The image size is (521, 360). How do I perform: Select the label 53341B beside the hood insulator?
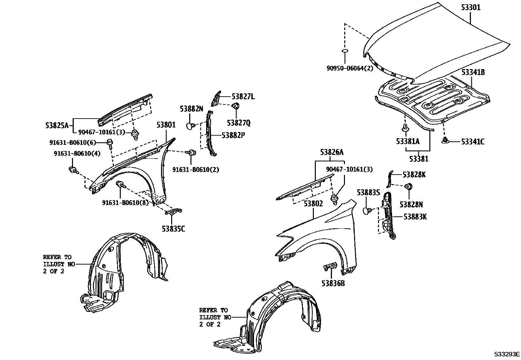473,72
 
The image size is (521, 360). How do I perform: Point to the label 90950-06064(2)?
350,68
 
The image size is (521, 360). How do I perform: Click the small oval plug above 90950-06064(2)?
345,51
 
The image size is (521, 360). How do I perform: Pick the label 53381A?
407,142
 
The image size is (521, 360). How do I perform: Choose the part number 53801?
166,125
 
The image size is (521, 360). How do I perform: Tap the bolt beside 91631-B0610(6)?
109,142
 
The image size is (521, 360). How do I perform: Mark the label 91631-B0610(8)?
125,203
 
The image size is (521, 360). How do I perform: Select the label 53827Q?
239,123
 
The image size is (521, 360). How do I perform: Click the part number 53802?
313,204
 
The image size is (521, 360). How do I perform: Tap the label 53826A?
332,152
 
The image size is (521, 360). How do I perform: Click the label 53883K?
415,217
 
